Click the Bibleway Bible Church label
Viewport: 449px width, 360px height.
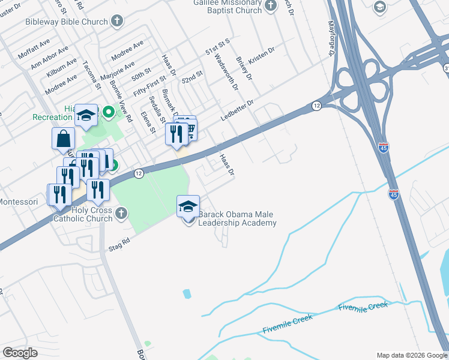pos(67,21)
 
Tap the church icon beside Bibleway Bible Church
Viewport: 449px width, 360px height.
pos(117,21)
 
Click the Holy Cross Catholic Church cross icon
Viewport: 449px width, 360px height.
pos(122,213)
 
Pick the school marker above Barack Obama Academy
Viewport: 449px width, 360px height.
pos(188,207)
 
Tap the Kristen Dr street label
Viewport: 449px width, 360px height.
pos(262,55)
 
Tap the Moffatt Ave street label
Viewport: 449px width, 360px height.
pos(34,50)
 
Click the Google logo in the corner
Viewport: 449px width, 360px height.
pos(20,352)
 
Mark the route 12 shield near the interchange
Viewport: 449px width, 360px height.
pos(316,106)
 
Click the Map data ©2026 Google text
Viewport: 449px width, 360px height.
pos(411,355)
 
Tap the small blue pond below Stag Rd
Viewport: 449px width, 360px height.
pos(187,294)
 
